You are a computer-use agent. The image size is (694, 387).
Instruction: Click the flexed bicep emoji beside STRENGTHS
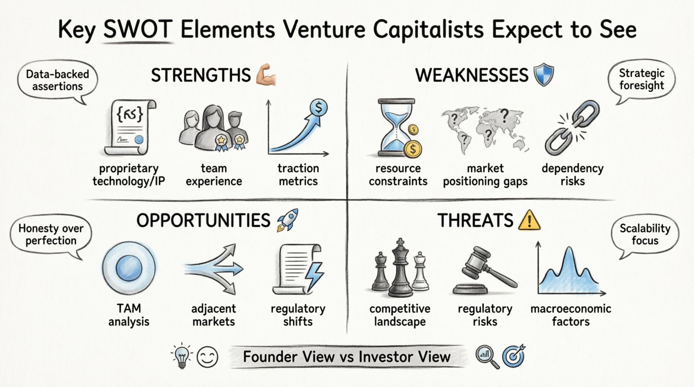point(266,75)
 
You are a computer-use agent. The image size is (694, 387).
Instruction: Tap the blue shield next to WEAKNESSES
point(544,75)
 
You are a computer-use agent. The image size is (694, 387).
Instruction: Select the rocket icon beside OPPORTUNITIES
point(287,220)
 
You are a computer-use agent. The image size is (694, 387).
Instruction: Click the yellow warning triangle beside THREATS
point(529,220)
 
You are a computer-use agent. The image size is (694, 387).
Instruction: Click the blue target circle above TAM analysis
point(129,267)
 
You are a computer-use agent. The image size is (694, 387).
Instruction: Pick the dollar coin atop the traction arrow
point(319,108)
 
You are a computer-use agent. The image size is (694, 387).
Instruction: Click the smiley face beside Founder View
point(207,357)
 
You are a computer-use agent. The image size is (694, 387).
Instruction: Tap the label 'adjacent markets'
point(214,315)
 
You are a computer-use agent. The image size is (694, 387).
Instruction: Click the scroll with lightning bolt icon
point(298,269)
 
